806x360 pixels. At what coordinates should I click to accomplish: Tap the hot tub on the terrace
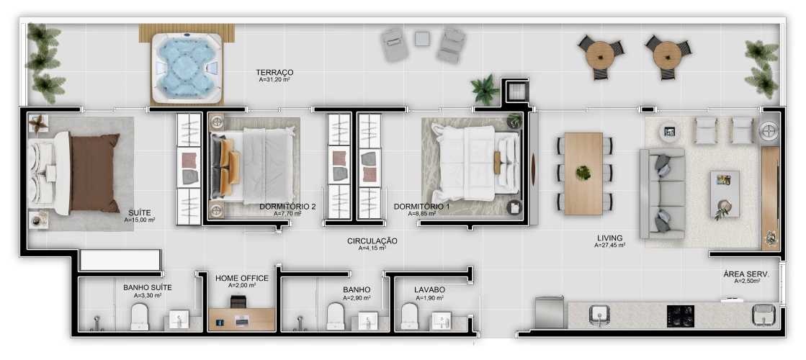(187, 66)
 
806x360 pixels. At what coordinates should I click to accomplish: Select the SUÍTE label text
(140, 212)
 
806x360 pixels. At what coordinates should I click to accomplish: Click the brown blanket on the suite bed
(93, 173)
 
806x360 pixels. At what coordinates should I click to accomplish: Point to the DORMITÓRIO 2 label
(287, 207)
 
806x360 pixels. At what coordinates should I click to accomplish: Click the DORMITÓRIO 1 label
(421, 207)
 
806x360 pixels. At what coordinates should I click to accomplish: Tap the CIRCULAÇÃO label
(372, 241)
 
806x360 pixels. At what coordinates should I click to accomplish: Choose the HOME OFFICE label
(241, 279)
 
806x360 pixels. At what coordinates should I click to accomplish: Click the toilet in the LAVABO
(409, 316)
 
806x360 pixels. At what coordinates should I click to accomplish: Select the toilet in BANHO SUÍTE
(139, 316)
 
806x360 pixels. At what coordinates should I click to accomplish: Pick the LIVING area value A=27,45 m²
(609, 246)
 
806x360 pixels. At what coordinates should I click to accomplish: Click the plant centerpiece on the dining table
(583, 173)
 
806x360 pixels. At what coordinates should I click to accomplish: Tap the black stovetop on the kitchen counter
(681, 316)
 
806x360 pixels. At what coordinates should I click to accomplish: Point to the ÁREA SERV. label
(746, 274)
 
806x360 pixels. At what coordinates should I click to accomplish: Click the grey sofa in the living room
(663, 193)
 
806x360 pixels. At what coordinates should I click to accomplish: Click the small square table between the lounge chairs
(422, 38)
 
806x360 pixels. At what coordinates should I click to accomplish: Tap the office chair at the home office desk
(238, 302)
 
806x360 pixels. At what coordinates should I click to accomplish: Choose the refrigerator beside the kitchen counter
(550, 312)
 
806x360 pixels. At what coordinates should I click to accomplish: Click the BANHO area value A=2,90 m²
(357, 298)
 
